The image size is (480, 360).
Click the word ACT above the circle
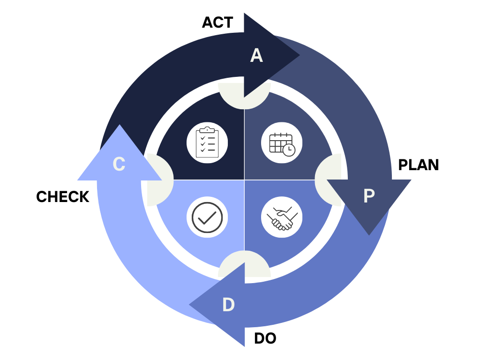click(217, 22)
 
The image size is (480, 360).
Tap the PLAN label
click(418, 165)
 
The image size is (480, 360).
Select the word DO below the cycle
click(265, 338)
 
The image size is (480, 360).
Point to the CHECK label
click(62, 197)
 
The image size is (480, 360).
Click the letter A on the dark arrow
click(256, 56)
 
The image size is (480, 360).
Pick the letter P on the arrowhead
click(369, 196)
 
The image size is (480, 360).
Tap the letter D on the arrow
click(228, 305)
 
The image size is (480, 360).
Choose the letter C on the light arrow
click(119, 164)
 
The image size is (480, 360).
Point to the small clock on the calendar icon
click(289, 150)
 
